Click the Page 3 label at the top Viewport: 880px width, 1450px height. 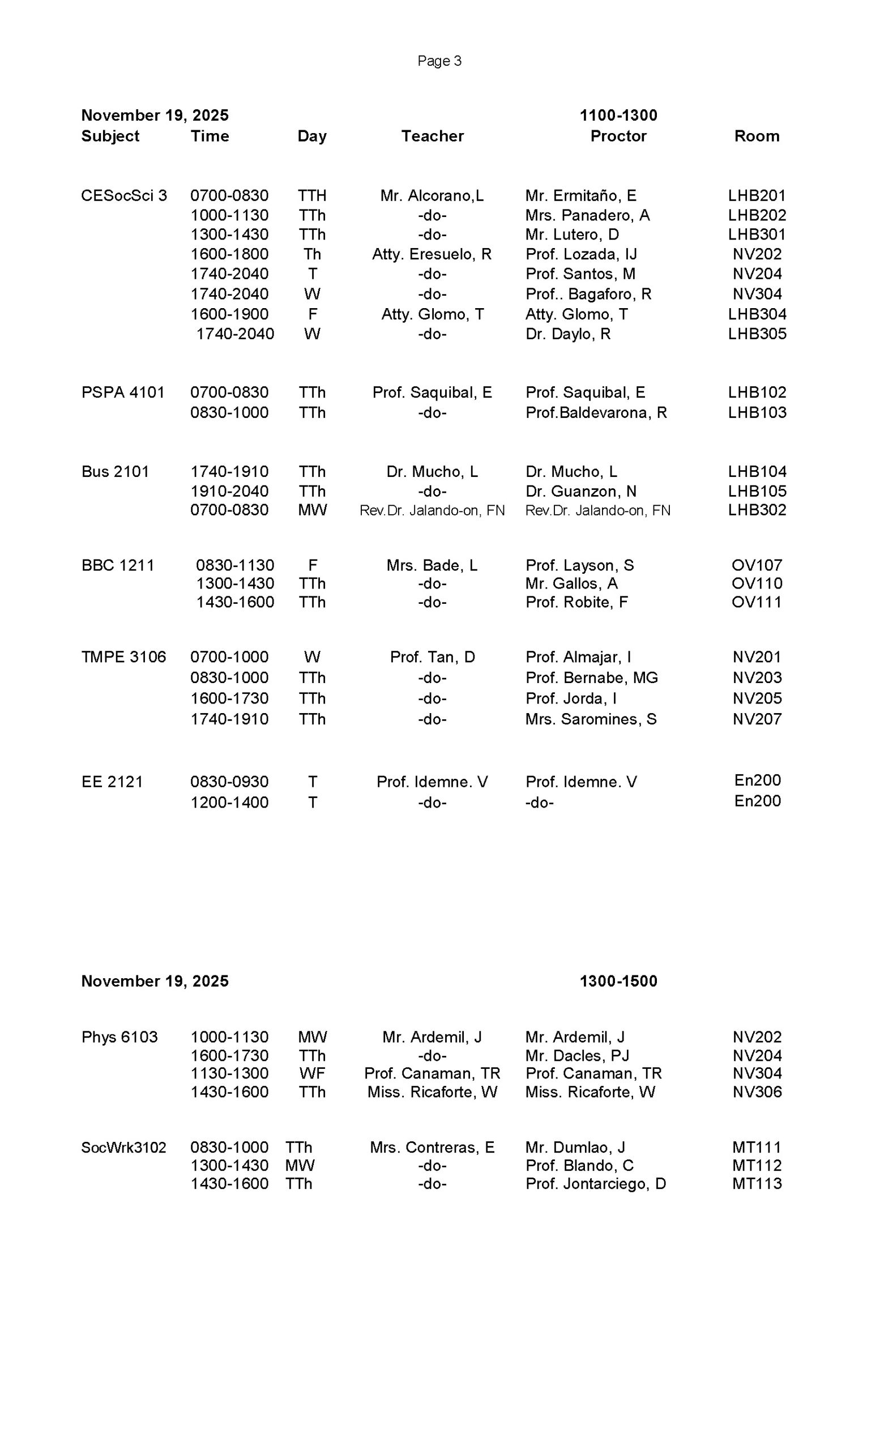click(439, 61)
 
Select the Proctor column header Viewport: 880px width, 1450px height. click(618, 136)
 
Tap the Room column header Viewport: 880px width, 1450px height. click(757, 136)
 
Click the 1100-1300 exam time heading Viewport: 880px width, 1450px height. click(618, 115)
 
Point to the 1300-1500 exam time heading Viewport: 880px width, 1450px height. click(618, 981)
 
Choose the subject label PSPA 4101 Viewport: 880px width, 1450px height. click(122, 393)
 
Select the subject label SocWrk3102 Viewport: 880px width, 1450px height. click(123, 1147)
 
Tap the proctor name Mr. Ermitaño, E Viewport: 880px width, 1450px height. click(580, 195)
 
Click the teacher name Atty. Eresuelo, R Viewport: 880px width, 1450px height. click(432, 254)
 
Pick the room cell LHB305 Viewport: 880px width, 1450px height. click(757, 334)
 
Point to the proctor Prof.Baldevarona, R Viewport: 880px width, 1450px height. click(596, 412)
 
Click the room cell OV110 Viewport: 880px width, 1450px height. click(757, 583)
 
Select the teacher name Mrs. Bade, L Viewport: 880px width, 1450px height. click(432, 565)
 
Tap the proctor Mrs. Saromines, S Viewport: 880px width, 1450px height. click(591, 719)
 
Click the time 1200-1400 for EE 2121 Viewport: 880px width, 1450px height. click(229, 802)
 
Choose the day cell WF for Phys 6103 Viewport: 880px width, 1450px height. click(312, 1073)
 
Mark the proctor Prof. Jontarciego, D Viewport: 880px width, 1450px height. click(595, 1183)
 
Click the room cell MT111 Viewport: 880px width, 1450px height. click(757, 1147)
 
